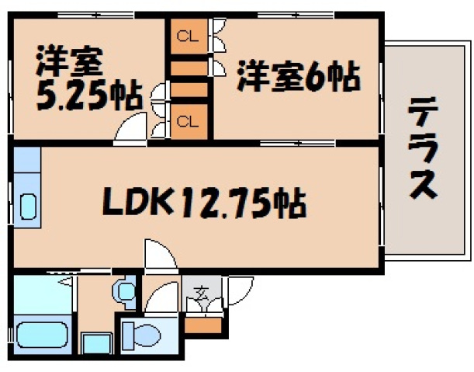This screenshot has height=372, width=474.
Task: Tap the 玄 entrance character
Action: [201, 294]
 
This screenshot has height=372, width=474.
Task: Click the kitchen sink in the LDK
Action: [28, 207]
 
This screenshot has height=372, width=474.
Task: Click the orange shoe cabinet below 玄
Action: [204, 325]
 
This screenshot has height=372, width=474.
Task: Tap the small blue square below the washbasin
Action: [96, 343]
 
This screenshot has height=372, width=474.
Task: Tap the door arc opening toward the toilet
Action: [161, 298]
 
